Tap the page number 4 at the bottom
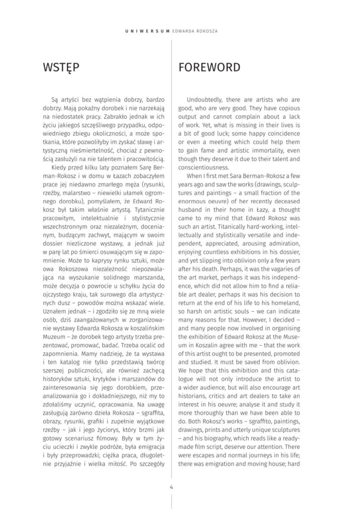tap(171, 487)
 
